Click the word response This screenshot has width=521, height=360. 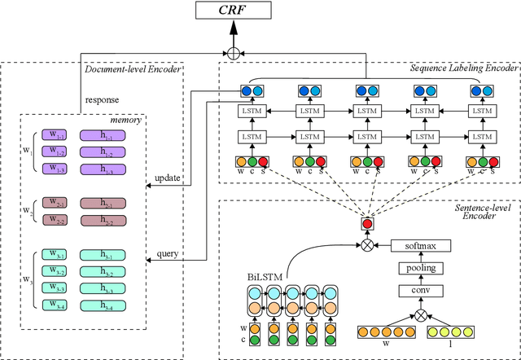click(x=103, y=100)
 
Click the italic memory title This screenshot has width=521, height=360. click(x=126, y=120)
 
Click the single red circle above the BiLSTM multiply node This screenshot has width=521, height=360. click(x=368, y=223)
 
